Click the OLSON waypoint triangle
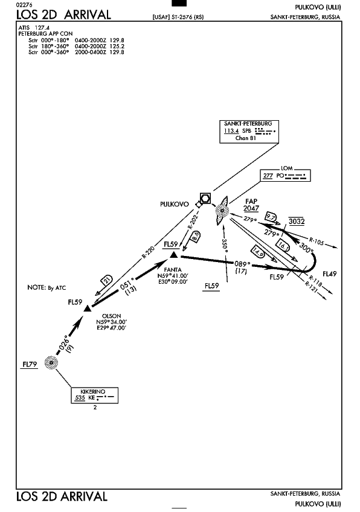[x=87, y=309]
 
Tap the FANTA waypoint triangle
[x=174, y=255]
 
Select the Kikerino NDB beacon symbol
[x=51, y=362]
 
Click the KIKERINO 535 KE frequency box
[x=95, y=395]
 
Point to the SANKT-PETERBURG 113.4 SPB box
[x=249, y=132]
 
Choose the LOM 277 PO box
[x=285, y=175]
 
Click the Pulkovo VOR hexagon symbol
[x=205, y=198]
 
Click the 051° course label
[x=127, y=284]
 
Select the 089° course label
[x=242, y=264]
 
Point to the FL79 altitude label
[x=30, y=364]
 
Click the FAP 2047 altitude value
[x=251, y=208]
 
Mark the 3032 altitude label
[x=297, y=222]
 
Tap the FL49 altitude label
[x=330, y=274]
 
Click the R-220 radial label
[x=149, y=252]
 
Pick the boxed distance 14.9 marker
[x=258, y=252]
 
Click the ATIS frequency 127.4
[x=42, y=28]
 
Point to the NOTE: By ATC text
[x=47, y=287]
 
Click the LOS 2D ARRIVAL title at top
[x=63, y=14]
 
